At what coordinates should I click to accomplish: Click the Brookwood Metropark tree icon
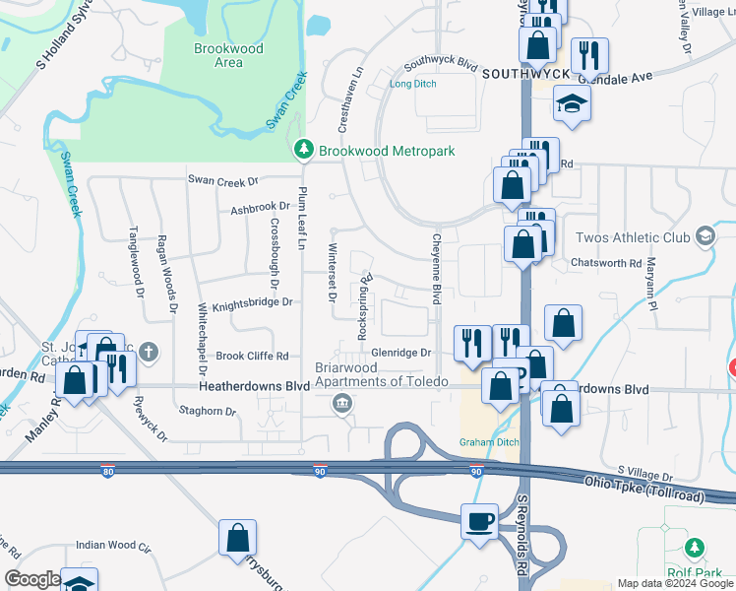(303, 150)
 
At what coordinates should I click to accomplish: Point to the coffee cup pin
(480, 520)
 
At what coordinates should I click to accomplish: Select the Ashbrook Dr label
(261, 208)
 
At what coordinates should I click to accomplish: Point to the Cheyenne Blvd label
(434, 268)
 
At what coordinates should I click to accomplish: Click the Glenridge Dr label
(401, 352)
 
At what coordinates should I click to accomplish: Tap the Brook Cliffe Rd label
(252, 356)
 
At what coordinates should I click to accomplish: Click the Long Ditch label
(413, 84)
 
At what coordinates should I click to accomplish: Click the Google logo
(32, 579)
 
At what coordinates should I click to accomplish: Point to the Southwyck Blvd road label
(441, 67)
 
